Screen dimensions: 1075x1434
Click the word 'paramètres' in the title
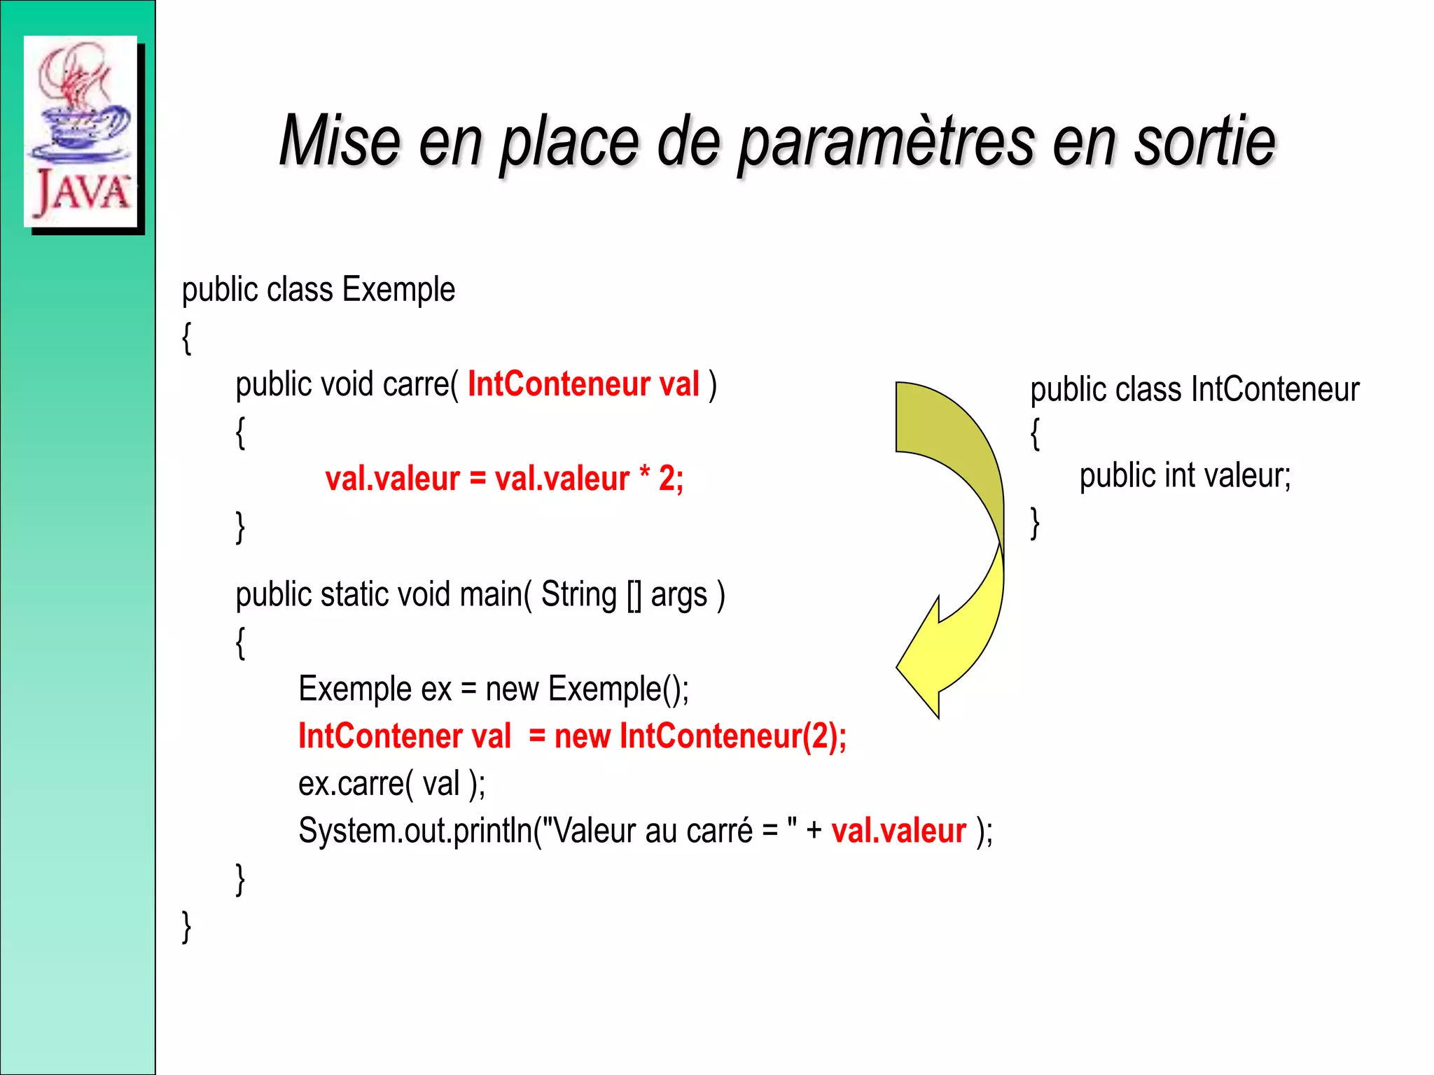point(886,143)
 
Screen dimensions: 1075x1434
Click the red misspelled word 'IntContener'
point(380,736)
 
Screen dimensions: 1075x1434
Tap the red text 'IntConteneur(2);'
point(733,736)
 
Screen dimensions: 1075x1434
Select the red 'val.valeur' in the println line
point(898,831)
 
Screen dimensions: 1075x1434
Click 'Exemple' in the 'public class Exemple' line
point(398,290)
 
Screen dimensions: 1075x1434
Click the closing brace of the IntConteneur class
point(1035,524)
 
